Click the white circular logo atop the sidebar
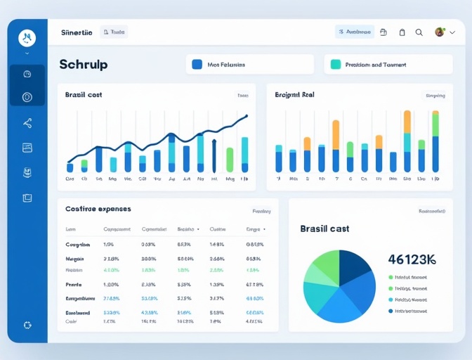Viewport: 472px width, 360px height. coord(27,37)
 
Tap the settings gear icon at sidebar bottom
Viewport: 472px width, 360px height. coord(27,325)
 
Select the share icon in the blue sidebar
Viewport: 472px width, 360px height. coord(27,124)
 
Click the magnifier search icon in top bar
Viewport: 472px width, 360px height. coord(419,32)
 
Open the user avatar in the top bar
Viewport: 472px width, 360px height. coord(440,32)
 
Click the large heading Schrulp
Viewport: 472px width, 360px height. coord(84,64)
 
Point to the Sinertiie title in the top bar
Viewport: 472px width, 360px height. coord(77,32)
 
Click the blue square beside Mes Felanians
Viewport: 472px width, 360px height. coord(197,64)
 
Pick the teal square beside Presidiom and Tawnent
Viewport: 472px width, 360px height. coord(335,64)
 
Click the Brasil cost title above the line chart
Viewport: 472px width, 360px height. coord(84,95)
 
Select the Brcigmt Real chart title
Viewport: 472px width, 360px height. coord(294,94)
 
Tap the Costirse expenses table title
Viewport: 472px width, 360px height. coord(98,209)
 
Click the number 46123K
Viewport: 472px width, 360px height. coord(412,259)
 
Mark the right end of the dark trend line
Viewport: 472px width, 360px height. coord(247,116)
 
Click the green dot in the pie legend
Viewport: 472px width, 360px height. coord(391,278)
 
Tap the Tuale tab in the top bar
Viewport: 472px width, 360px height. coord(114,32)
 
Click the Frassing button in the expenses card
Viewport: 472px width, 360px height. coord(261,211)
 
